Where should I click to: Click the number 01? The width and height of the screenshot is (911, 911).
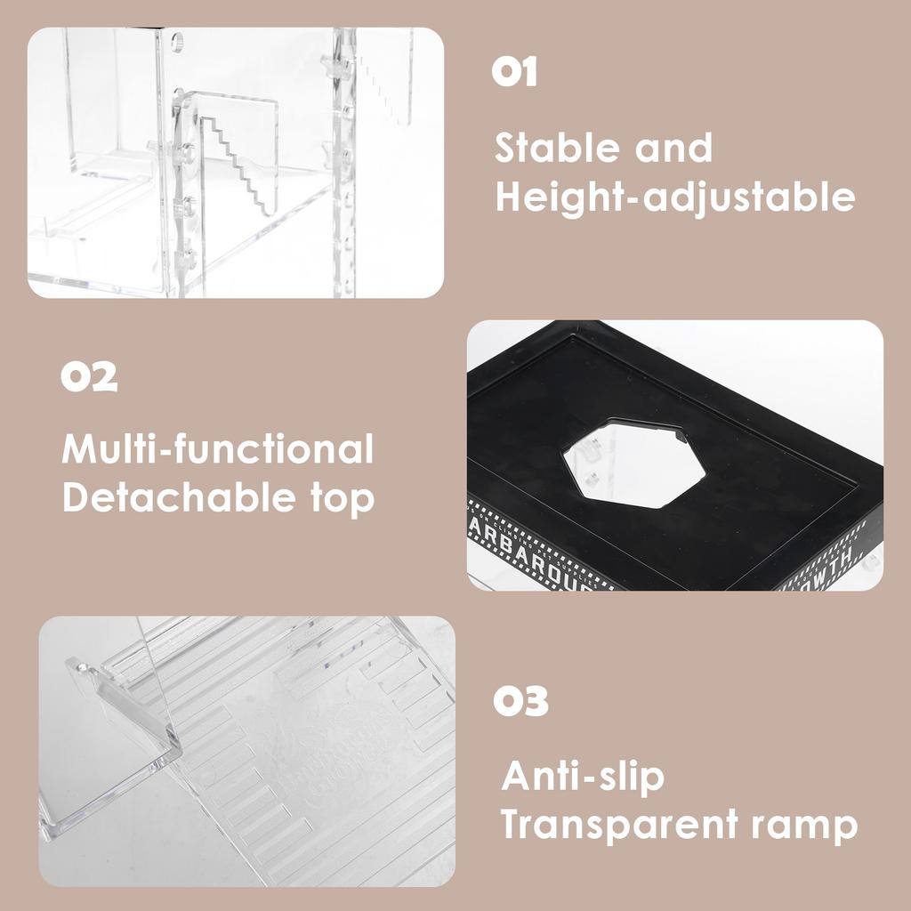click(x=515, y=72)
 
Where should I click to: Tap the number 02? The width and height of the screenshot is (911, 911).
click(x=89, y=377)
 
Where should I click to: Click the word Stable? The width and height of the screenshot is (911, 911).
click(x=556, y=148)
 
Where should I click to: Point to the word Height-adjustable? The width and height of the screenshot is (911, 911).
click(x=675, y=198)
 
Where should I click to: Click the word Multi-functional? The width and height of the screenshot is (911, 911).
click(x=218, y=449)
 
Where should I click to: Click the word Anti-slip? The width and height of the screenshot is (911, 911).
click(x=583, y=776)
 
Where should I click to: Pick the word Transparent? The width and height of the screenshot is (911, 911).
click(x=615, y=825)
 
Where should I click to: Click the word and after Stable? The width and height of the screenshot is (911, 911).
click(x=673, y=148)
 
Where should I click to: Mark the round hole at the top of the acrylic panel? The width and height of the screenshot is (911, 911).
click(x=176, y=41)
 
